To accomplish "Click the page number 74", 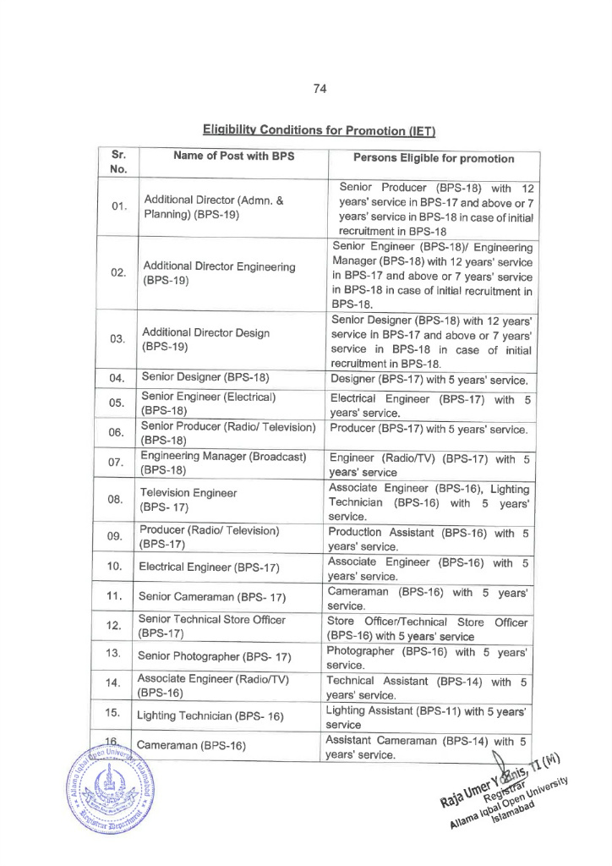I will tap(320, 88).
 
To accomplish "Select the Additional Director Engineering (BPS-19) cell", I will tap(219, 272).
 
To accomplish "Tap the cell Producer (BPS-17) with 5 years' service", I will tap(429, 429).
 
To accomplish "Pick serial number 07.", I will tap(117, 463).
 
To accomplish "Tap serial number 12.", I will tap(117, 626).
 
